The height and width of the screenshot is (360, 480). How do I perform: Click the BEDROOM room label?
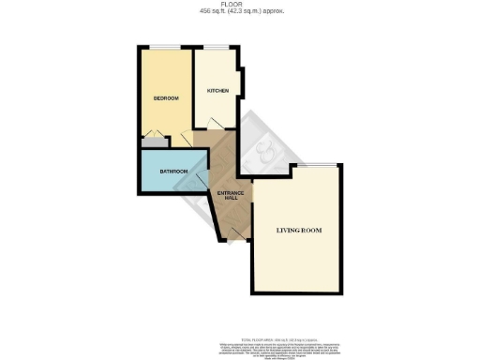[x=165, y=97]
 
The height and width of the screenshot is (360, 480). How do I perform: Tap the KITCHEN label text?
[x=217, y=91]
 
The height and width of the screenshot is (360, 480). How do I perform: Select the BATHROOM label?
[x=174, y=172]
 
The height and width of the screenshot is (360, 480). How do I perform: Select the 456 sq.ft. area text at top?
[x=221, y=11]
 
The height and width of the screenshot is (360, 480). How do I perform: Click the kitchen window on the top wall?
[x=217, y=48]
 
